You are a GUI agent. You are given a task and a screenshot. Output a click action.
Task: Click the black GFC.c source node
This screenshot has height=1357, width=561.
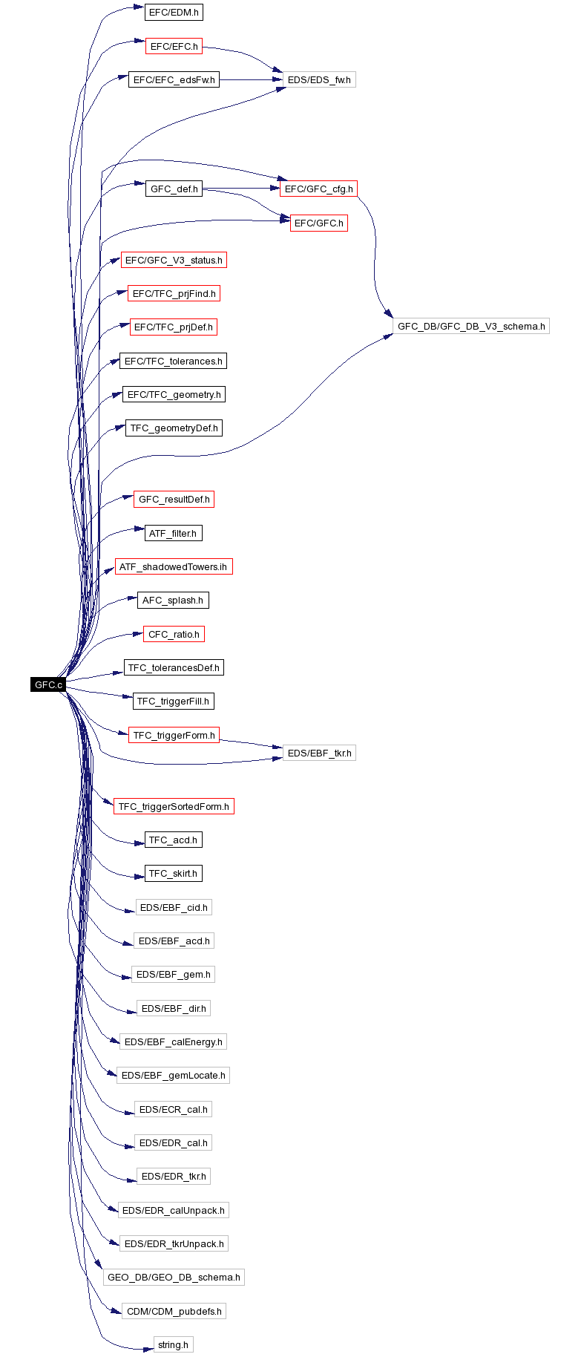[x=48, y=684]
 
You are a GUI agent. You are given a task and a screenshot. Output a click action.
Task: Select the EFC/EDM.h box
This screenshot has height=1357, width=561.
[x=174, y=13]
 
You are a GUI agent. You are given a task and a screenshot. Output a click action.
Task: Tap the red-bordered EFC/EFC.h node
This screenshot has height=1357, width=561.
[x=174, y=46]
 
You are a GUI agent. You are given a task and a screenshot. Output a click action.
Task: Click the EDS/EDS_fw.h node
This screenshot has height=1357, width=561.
[x=319, y=79]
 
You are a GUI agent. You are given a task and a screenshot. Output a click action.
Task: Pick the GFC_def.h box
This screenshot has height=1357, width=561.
[x=174, y=189]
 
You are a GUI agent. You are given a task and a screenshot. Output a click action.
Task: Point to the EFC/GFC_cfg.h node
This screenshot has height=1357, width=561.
[x=318, y=189]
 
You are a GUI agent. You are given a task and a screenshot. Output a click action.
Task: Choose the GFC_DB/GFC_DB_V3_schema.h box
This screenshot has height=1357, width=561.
[x=470, y=326]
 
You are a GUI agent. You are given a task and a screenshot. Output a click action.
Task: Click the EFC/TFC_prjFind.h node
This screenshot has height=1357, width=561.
[x=174, y=293]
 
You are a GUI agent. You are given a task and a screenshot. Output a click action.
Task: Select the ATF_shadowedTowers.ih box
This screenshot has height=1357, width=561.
[x=173, y=566]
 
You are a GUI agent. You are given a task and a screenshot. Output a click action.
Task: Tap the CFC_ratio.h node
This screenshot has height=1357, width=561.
[x=174, y=634]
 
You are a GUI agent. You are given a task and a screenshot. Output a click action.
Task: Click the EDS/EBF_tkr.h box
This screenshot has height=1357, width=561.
[x=319, y=753]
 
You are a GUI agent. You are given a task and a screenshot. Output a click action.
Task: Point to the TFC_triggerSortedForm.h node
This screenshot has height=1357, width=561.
[x=174, y=806]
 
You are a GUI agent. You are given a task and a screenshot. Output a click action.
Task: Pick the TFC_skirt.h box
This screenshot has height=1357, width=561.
[x=174, y=874]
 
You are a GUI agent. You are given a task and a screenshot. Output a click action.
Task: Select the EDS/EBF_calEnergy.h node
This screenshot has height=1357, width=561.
[x=173, y=1042]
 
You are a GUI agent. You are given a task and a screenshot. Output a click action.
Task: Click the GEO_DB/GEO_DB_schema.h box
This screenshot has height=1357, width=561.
[x=174, y=1277]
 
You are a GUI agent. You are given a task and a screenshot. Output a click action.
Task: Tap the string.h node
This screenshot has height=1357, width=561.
[x=173, y=1344]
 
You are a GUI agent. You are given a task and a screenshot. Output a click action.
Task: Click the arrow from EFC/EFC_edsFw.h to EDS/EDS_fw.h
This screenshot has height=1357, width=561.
[x=251, y=79]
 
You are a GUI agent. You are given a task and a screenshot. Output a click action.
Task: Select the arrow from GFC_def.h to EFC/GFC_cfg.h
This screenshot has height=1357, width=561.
[x=241, y=189]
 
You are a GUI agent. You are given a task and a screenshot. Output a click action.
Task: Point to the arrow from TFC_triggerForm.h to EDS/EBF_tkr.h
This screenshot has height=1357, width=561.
[x=251, y=743]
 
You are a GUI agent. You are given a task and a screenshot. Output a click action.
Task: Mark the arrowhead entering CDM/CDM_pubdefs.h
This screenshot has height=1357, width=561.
[x=117, y=1312]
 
